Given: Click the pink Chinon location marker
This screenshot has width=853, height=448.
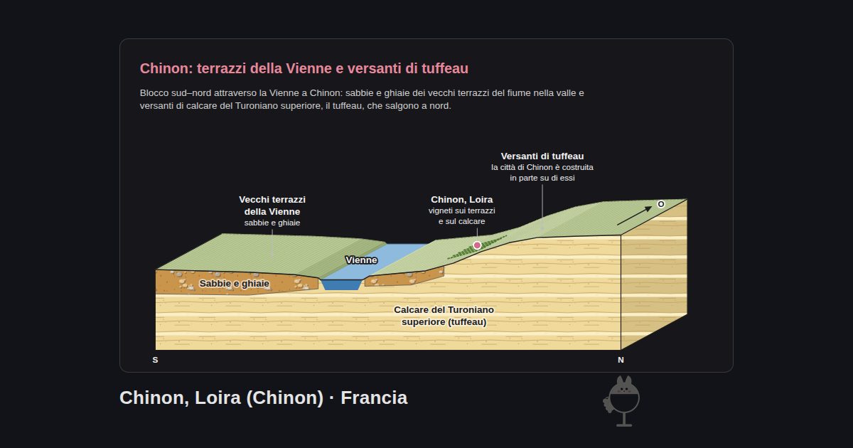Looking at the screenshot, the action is coord(477,245).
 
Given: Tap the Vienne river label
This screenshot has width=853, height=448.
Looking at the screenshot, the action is coord(361,260).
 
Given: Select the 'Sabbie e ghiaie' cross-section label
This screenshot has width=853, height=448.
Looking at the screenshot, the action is coord(234,284).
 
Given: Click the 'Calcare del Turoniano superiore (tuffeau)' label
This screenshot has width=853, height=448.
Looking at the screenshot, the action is coord(444,316).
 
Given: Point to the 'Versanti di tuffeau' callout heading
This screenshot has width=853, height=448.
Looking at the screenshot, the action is coord(542,156).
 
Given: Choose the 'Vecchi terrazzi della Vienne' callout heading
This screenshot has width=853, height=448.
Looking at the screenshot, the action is coord(272,206).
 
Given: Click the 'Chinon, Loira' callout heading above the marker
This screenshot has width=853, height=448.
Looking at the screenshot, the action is coord(461,200).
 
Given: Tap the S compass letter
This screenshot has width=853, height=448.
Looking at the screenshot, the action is coord(155,360).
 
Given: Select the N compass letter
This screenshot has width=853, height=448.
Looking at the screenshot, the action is coord(621,360).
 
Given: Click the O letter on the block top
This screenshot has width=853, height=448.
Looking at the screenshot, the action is coord(661,204).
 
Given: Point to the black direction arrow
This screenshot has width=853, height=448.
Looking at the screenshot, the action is coord(634,215).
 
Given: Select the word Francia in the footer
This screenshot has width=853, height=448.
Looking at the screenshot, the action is coord(374,398).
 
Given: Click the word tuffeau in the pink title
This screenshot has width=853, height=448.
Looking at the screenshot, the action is coord(445,68).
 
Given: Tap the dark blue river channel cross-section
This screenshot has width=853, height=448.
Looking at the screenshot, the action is coord(340,285).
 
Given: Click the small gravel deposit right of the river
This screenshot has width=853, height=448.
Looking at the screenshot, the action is coord(404,277).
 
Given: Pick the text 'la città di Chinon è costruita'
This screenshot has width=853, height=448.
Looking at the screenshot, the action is coord(542,167).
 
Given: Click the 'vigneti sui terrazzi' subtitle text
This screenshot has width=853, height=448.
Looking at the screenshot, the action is coord(461,210).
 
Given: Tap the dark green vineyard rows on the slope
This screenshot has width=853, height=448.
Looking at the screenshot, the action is coord(477,247).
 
